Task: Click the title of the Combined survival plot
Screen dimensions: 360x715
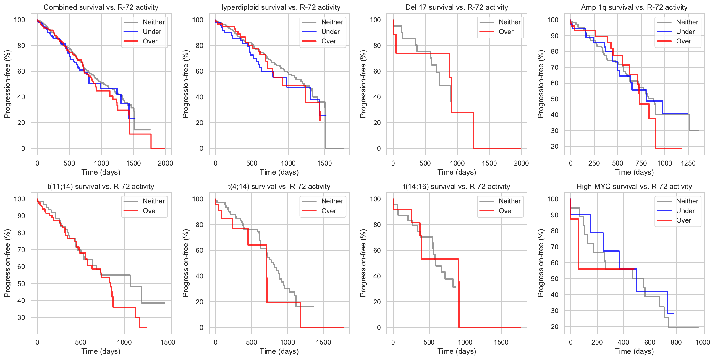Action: pyautogui.click(x=101, y=7)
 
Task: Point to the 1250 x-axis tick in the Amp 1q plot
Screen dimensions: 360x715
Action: pyautogui.click(x=688, y=163)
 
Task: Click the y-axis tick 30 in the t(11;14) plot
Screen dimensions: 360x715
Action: pyautogui.click(x=21, y=317)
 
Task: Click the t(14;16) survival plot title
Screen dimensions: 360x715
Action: pyautogui.click(x=457, y=187)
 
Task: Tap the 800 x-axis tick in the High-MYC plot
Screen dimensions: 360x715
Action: pyautogui.click(x=676, y=342)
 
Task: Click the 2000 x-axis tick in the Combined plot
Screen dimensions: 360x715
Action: pyautogui.click(x=165, y=163)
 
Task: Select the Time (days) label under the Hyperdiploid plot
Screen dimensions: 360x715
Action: pyautogui.click(x=279, y=172)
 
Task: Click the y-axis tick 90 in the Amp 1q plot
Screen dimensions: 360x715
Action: pyautogui.click(x=553, y=36)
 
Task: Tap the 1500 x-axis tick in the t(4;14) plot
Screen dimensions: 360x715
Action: pyautogui.click(x=323, y=342)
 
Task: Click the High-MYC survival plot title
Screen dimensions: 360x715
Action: pyautogui.click(x=634, y=187)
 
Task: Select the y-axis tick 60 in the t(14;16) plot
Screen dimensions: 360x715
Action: pyautogui.click(x=377, y=250)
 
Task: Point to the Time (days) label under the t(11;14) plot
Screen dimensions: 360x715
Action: pyautogui.click(x=101, y=351)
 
